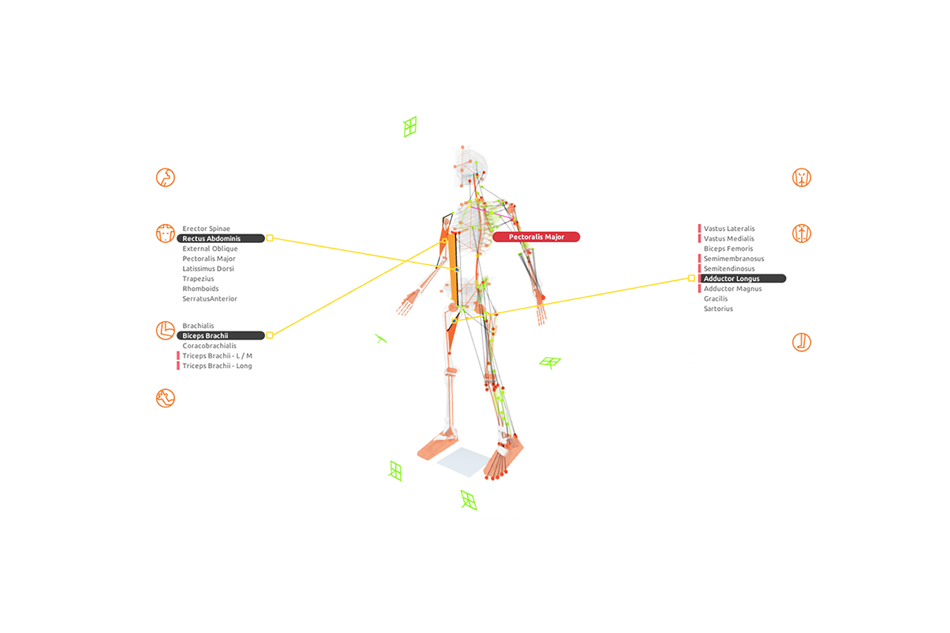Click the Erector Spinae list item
(x=206, y=229)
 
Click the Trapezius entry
(x=199, y=279)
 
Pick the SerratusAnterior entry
(x=210, y=299)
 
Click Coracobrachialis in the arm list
(x=209, y=346)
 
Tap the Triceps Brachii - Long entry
(x=217, y=366)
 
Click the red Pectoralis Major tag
(x=536, y=237)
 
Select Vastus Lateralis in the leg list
(x=729, y=229)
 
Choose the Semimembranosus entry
(x=734, y=259)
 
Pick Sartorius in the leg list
(x=718, y=309)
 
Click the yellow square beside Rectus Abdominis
(x=270, y=238)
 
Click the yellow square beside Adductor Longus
(x=691, y=279)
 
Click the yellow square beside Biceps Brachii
(x=270, y=335)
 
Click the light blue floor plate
(x=464, y=461)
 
